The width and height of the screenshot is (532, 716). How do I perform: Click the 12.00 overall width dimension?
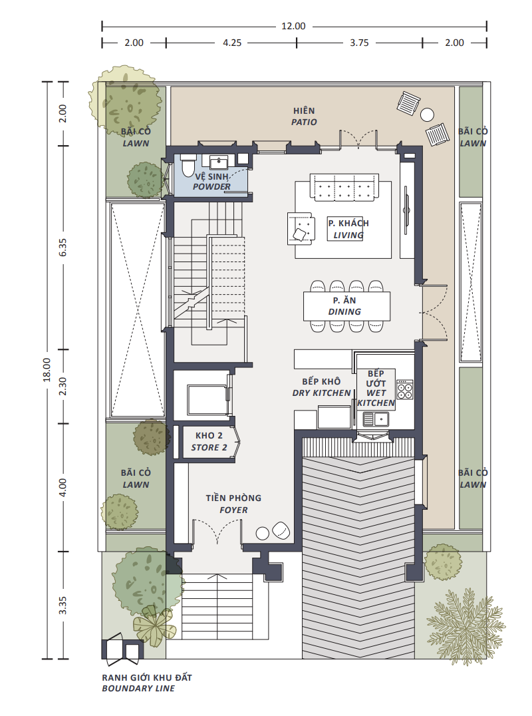coord(293,26)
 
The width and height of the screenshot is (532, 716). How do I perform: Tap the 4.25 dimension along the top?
coord(232,43)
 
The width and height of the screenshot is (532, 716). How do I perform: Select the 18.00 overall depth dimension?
coord(47,369)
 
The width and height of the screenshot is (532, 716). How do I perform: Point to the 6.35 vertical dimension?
coord(63,247)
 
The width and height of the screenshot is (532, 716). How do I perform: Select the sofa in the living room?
coord(344,187)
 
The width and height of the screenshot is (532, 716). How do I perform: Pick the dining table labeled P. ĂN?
coord(346,306)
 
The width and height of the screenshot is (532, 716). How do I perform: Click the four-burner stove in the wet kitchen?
coord(405,389)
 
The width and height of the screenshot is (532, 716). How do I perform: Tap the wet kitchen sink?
coord(376,419)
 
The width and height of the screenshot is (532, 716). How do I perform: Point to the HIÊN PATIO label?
coord(305,116)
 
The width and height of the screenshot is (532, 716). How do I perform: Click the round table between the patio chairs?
coord(427,114)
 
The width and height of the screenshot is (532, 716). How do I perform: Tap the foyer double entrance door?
coord(217,532)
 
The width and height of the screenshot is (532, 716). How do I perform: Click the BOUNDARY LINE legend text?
coord(138,688)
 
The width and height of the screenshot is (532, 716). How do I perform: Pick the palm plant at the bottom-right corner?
coord(465,626)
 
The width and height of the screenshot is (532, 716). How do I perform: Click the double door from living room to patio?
coord(358,139)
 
